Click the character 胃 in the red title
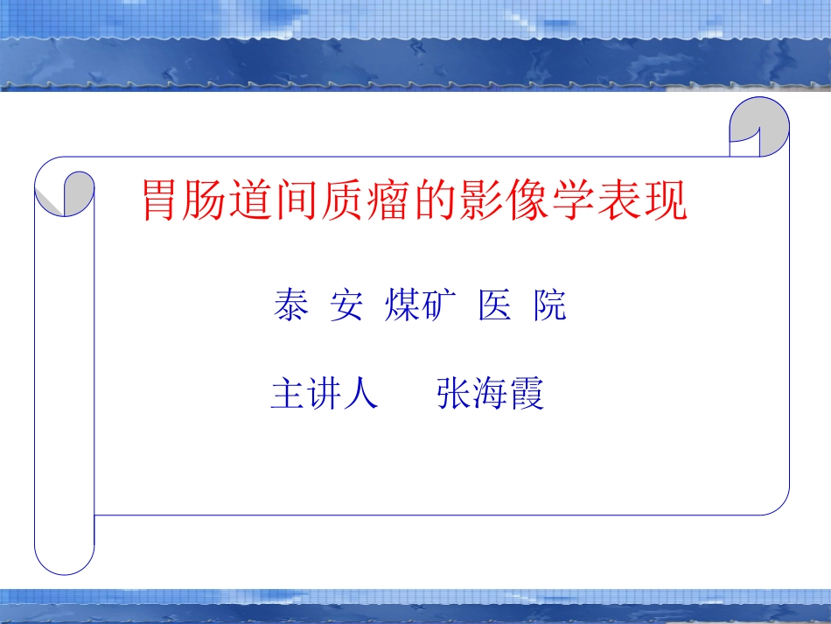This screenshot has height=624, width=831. coord(164,201)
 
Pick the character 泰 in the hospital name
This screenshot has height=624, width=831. coord(290,307)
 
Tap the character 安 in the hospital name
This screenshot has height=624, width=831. coord(346,307)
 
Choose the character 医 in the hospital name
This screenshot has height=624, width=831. coord(495,307)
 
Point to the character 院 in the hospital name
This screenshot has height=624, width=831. coord(550,307)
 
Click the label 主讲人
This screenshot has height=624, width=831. coord(325,395)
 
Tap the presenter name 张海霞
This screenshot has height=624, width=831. coord(490,395)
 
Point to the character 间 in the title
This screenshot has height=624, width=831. coord(300,201)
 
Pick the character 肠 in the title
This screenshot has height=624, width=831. coord(209,201)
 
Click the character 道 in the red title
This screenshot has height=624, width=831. coord(255,201)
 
